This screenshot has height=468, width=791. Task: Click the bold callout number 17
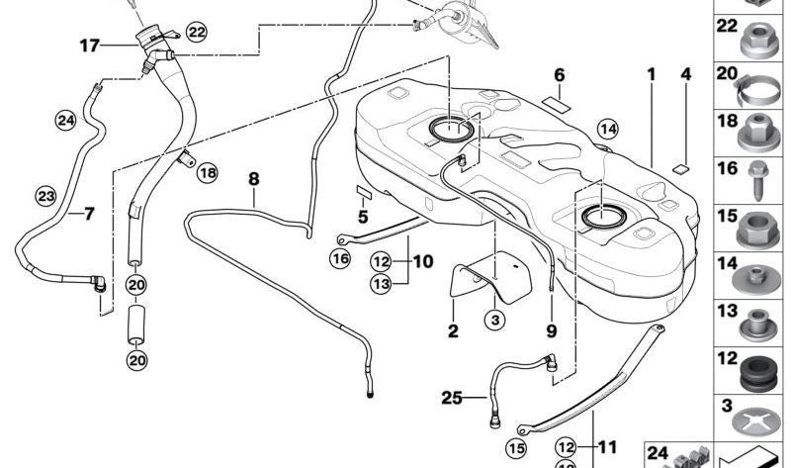coord(90,45)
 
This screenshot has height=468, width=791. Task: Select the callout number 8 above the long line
coord(253,179)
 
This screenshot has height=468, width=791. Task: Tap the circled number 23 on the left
coord(46,196)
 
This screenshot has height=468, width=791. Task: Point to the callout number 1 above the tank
coord(652,74)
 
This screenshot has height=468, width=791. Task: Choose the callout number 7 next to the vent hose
coord(88,214)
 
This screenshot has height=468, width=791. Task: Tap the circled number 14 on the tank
coord(607,130)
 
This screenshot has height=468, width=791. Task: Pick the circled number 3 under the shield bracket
coord(494,319)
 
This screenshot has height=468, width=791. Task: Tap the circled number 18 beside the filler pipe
coord(206,173)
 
